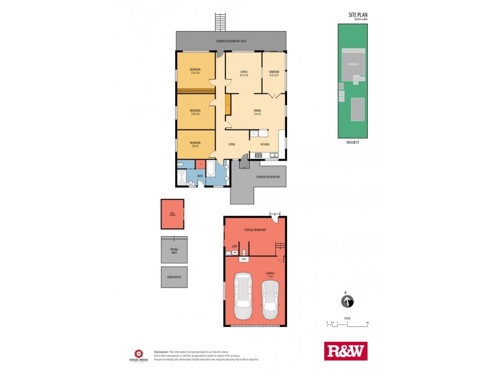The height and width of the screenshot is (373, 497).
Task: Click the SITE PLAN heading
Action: pyautogui.click(x=358, y=14)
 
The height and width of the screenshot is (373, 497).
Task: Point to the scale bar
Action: pyautogui.click(x=347, y=323)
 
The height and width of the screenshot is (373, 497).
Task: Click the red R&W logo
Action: pyautogui.click(x=346, y=351)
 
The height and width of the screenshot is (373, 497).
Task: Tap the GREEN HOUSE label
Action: pyautogui.click(x=173, y=277)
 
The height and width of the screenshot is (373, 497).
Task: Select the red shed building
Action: pyautogui.click(x=173, y=214)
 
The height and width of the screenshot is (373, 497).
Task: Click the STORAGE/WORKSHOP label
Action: pyautogui.click(x=255, y=231)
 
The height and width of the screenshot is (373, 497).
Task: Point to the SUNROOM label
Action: pyautogui.click(x=274, y=73)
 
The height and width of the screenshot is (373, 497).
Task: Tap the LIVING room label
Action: pyautogui.click(x=244, y=73)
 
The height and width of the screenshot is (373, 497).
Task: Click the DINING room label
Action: pyautogui.click(x=257, y=112)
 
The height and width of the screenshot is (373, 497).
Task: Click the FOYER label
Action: pyautogui.click(x=231, y=144)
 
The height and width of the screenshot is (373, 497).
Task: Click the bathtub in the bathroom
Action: pyautogui.click(x=210, y=169)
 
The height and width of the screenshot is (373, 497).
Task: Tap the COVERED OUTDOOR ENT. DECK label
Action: pyautogui.click(x=231, y=41)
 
